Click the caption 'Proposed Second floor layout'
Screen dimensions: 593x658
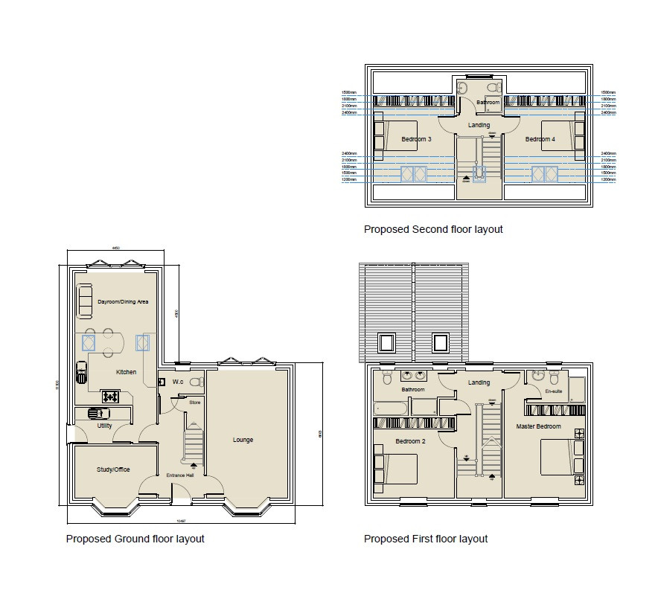[433, 229]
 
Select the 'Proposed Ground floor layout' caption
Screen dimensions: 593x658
[135, 539]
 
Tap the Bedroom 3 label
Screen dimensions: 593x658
[416, 139]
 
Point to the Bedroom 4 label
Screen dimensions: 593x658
[540, 139]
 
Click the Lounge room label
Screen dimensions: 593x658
[243, 440]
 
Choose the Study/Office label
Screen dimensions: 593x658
[113, 469]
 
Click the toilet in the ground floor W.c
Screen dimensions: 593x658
[196, 382]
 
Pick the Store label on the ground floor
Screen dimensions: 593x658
[194, 403]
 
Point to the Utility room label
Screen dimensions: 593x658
[104, 426]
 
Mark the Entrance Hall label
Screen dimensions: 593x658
[179, 475]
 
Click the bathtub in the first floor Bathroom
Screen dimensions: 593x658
[391, 407]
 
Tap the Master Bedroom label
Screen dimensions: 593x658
[539, 426]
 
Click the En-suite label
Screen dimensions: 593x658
[553, 390]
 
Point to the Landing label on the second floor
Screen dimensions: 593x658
[479, 125]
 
